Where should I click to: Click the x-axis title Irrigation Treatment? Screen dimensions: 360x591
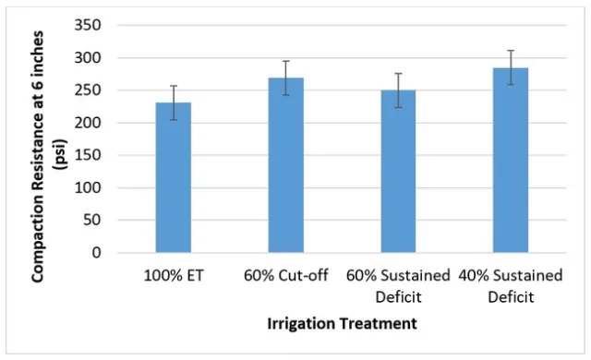pyautogui.click(x=342, y=324)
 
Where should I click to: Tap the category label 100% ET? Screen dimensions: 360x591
pyautogui.click(x=173, y=276)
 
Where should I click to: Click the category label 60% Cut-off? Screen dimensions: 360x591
pyautogui.click(x=285, y=276)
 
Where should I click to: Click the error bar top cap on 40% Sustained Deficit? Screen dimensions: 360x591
pyautogui.click(x=510, y=51)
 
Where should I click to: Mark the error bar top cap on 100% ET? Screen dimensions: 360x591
pyautogui.click(x=173, y=86)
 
